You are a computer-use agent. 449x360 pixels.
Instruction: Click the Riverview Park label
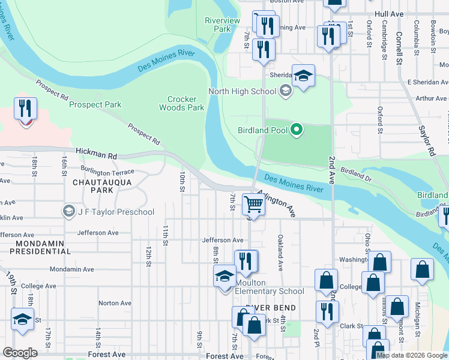[x=222, y=25]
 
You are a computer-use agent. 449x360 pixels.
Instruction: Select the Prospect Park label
[x=95, y=104]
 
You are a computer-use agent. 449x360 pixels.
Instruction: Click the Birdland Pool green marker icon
[x=296, y=129]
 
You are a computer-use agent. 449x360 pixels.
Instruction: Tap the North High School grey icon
[x=286, y=91]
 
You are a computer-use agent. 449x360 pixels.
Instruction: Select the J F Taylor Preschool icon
[x=68, y=211]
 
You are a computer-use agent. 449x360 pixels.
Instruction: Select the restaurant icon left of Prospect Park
[x=25, y=109]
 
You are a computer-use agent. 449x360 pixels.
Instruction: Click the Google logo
[x=19, y=353]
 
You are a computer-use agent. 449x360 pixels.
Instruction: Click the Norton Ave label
[x=115, y=303]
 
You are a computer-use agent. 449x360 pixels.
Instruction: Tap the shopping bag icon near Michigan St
[x=422, y=269]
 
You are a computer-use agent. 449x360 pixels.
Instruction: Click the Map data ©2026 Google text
[x=412, y=355]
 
